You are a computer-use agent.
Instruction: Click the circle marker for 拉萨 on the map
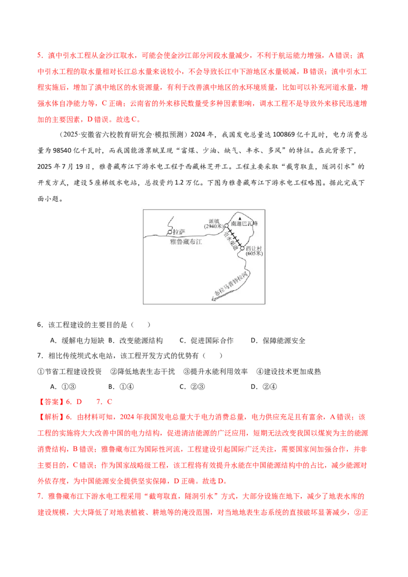coord(169,232)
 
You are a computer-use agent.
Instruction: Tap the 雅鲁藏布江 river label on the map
coord(186,242)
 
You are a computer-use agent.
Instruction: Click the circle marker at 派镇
coord(226,226)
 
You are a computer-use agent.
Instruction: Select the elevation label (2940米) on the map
coord(214,226)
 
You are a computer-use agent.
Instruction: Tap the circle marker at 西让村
coord(242,249)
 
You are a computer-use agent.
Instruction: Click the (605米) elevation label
coord(254,253)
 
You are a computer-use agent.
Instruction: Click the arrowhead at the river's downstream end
coord(214,298)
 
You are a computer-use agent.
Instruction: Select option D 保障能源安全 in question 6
coord(278,340)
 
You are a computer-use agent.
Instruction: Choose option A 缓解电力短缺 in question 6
coord(77,340)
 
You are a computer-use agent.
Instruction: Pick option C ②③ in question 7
coord(192,387)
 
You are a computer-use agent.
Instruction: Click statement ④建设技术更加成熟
coord(289,371)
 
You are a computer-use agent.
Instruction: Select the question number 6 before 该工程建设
coord(40,325)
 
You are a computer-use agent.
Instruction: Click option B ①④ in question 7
coord(121,387)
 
